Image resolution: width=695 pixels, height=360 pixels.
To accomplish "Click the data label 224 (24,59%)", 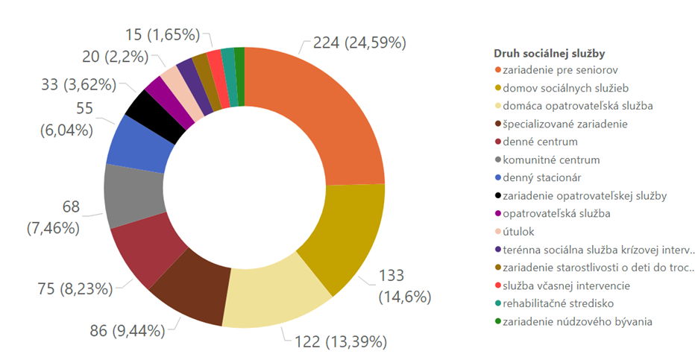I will pos(359,42).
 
